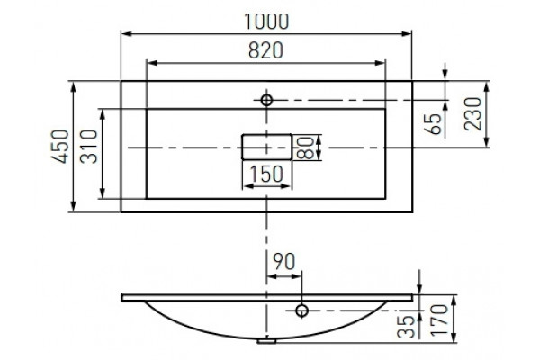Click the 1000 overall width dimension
266,22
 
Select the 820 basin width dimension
265,50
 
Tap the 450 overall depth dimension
60,146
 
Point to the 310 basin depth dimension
89,146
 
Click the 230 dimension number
472,114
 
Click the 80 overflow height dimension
305,148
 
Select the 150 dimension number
265,174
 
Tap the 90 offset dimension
284,262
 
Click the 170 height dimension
439,320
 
